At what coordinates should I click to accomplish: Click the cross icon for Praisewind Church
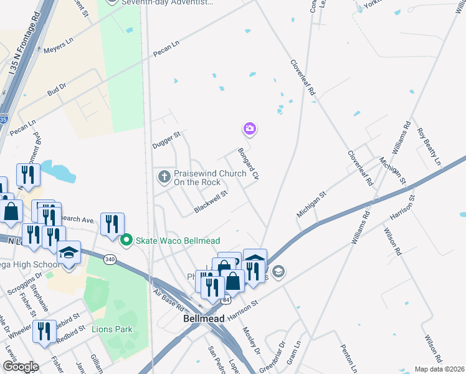click(164, 177)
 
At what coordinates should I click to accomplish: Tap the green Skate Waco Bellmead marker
click(126, 239)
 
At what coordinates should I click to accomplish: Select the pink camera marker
click(249, 128)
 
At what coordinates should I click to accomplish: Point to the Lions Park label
click(112, 329)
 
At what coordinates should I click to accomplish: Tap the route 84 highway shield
click(226, 300)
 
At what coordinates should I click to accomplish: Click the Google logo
click(20, 367)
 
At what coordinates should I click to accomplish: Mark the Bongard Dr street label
click(247, 164)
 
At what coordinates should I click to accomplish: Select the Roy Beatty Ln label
click(429, 146)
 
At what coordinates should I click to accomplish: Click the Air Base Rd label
click(168, 300)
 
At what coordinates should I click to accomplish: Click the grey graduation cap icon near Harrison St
click(278, 271)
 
